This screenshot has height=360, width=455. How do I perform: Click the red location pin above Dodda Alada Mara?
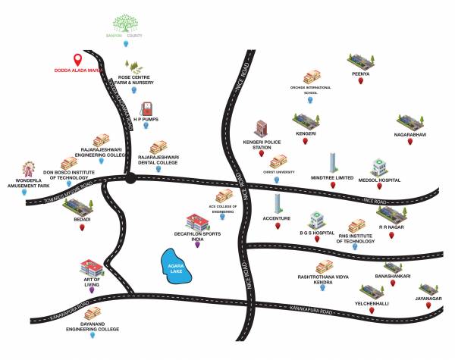[x=76, y=60]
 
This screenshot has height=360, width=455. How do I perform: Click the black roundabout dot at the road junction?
[x=131, y=179]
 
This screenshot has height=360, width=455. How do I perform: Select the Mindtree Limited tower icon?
[x=332, y=162]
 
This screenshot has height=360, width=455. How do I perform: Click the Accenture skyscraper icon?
[x=278, y=203]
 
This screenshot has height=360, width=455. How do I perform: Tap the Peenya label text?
[x=361, y=74]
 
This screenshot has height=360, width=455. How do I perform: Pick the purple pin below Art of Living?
[x=92, y=289]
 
